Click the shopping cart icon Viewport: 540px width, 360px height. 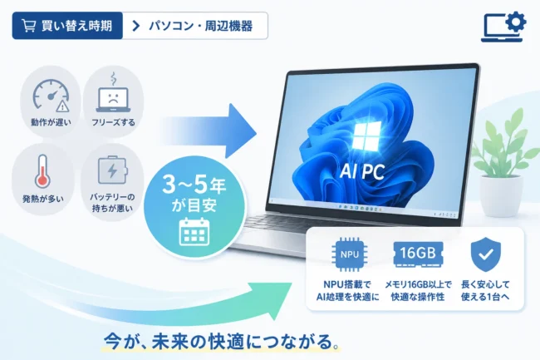coord(28,26)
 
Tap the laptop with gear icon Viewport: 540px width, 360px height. coord(503,27)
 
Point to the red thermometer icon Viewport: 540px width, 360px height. coord(42,171)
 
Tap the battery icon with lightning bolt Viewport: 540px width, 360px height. coord(113,170)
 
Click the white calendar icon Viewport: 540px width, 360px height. coord(194,231)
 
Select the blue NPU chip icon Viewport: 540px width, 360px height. coord(349,254)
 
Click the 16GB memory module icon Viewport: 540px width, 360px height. coord(418,254)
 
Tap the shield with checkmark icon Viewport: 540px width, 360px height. coord(486,254)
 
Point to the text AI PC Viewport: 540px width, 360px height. coord(362,171)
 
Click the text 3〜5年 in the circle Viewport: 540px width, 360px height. coord(194,185)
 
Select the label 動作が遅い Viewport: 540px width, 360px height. coord(51,122)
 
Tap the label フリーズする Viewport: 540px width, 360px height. coord(113,122)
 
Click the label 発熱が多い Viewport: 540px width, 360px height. coord(43,199)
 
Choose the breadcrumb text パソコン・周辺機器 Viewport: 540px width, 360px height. coord(201,26)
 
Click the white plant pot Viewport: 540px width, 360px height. coord(501,195)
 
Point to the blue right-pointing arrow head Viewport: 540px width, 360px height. coord(241,131)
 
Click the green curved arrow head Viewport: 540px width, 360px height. coord(272,299)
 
